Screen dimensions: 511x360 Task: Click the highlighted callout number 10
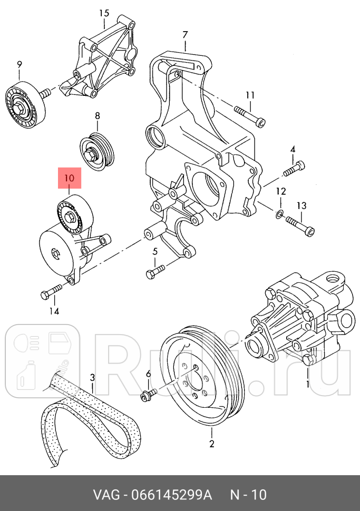coord(70,179)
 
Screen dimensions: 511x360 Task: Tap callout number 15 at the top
coord(104,13)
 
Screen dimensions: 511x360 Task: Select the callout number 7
coord(185,35)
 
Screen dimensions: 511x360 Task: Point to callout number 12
coord(281,191)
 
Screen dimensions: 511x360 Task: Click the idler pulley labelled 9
coord(25,105)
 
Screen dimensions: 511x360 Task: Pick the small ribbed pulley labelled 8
coord(97,151)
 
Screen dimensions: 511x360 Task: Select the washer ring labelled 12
coord(280,213)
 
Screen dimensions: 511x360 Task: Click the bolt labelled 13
coord(301,226)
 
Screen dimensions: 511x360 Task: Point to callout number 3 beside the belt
coord(92,377)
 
